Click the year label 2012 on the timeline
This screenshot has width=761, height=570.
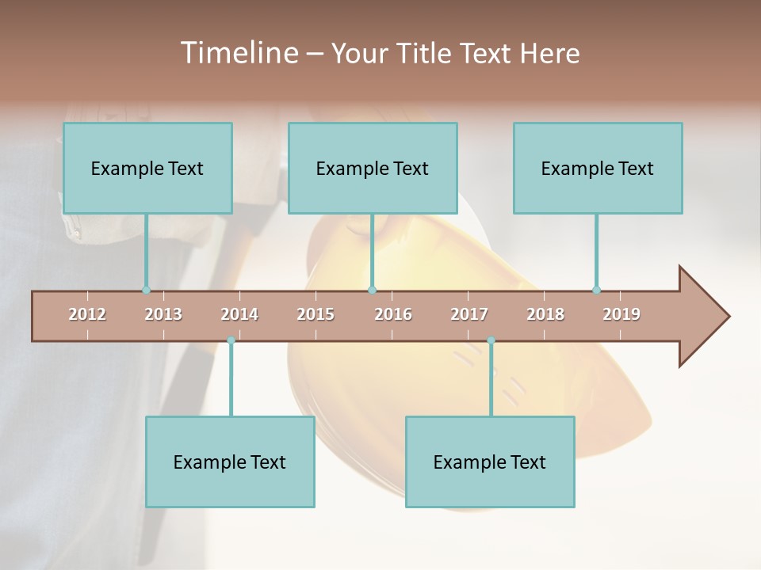pyautogui.click(x=87, y=314)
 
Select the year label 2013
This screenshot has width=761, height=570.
pyautogui.click(x=163, y=314)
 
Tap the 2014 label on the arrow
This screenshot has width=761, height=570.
pyautogui.click(x=239, y=314)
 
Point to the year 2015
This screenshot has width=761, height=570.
pyautogui.click(x=315, y=314)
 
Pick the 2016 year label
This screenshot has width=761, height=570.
pyautogui.click(x=393, y=314)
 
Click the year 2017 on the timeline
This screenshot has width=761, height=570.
pyautogui.click(x=469, y=314)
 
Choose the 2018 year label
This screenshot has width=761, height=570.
pyautogui.click(x=545, y=314)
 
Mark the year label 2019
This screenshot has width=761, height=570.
pyautogui.click(x=621, y=314)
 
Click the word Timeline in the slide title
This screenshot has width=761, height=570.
pyautogui.click(x=237, y=53)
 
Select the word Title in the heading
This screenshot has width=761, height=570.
pyautogui.click(x=426, y=53)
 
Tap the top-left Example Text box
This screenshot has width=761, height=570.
pyautogui.click(x=147, y=169)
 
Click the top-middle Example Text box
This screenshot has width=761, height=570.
pyautogui.click(x=373, y=169)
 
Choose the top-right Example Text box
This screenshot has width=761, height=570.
pyautogui.click(x=598, y=169)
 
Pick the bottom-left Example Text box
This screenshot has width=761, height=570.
pyautogui.click(x=230, y=462)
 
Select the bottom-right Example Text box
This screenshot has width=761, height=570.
pyautogui.click(x=490, y=462)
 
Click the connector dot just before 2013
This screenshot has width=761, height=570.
pyautogui.click(x=146, y=291)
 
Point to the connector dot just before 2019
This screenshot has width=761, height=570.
pyautogui.click(x=596, y=291)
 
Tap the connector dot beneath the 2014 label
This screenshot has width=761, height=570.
pyautogui.click(x=231, y=340)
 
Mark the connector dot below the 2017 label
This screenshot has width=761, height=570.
pyautogui.click(x=491, y=340)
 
